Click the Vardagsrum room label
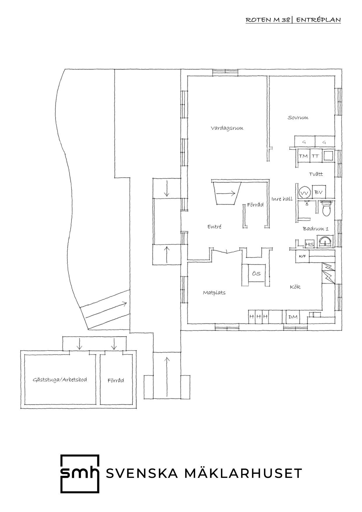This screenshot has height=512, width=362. [227, 128]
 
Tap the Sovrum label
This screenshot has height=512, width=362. [298, 118]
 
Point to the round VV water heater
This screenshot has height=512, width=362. [305, 193]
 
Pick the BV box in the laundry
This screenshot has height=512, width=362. [319, 192]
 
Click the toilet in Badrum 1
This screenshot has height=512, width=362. [326, 208]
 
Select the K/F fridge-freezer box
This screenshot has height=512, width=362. [302, 256]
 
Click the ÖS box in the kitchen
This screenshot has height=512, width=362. [256, 274]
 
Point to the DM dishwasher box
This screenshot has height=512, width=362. [293, 317]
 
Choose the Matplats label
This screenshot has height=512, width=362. [214, 292]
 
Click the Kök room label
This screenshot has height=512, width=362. [295, 287]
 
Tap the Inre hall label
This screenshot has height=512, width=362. [282, 199]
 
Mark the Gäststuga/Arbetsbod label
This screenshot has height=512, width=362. [60, 380]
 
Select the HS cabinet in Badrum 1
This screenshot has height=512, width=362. [309, 244]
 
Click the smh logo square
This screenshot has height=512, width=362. [80, 474]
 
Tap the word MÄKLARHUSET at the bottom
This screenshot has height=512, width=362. [243, 473]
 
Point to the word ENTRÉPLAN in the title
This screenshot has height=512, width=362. [319, 20]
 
